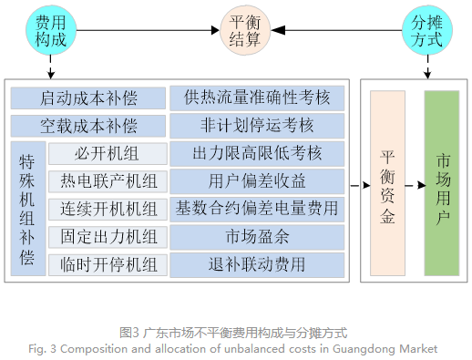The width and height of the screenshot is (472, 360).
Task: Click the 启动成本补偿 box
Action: [x=88, y=98]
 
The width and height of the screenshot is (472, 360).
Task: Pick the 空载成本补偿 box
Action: [x=88, y=125]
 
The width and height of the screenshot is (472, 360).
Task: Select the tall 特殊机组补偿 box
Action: [x=27, y=209]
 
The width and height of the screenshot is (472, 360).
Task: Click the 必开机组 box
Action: [x=108, y=153]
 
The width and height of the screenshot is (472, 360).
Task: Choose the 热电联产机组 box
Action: [x=108, y=180]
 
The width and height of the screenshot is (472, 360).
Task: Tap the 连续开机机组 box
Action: [x=108, y=209]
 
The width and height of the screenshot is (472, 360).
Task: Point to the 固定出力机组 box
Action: [x=108, y=237]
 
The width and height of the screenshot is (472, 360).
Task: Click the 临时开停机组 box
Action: [x=108, y=265]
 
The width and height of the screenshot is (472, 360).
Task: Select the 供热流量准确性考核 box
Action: [x=258, y=98]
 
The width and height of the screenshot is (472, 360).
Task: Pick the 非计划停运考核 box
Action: [x=258, y=125]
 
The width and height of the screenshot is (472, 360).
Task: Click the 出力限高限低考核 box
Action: [x=258, y=153]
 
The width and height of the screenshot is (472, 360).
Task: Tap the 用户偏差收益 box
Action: [x=258, y=180]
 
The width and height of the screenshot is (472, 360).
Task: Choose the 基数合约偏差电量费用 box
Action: [x=258, y=209]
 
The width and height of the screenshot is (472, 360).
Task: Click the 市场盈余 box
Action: [x=258, y=237]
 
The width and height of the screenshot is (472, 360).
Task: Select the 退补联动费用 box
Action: [x=258, y=265]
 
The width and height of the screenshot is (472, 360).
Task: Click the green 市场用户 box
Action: [x=442, y=182]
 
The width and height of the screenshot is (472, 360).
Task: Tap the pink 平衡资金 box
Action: [x=387, y=182]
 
